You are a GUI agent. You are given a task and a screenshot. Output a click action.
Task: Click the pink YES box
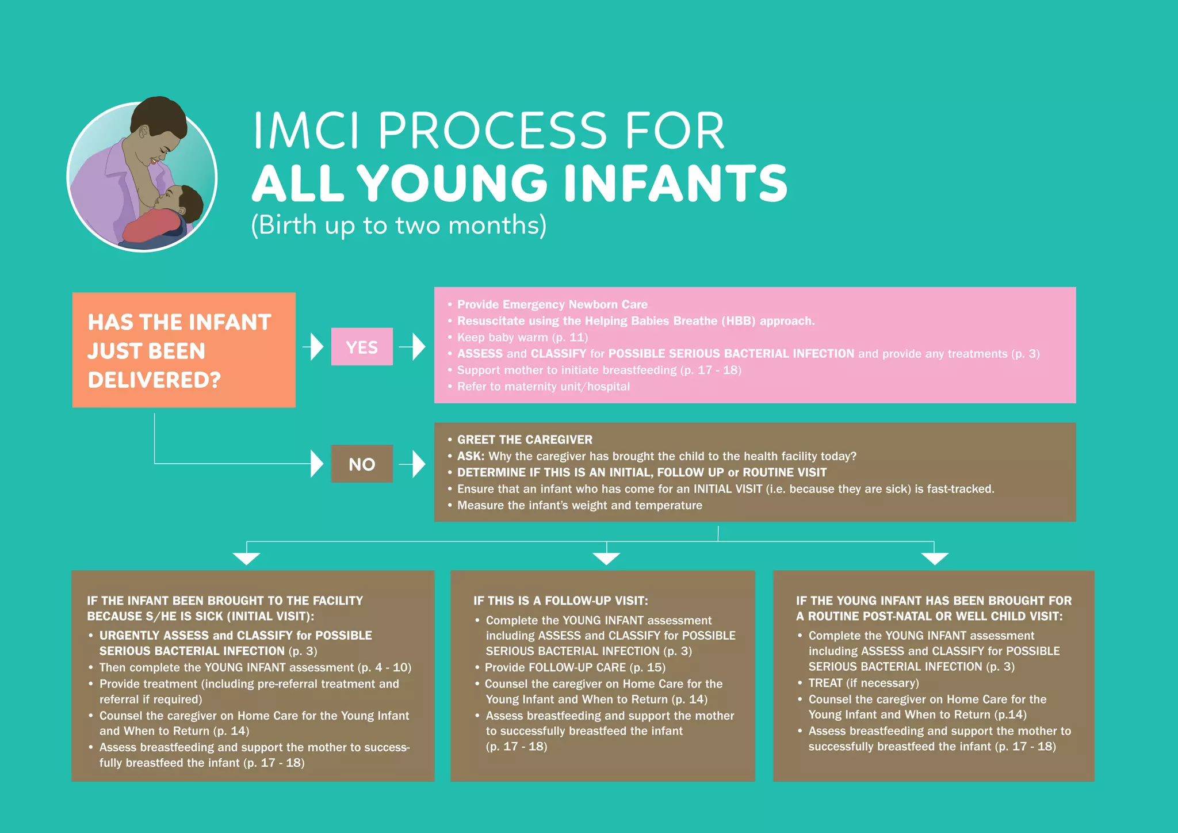(362, 346)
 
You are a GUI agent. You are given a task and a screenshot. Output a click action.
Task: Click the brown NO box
(362, 464)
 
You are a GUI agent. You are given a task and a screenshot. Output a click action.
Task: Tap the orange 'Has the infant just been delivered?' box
(184, 350)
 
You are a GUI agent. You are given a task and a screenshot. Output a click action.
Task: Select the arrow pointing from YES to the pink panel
(413, 347)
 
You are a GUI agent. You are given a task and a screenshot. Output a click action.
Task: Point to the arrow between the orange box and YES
(314, 347)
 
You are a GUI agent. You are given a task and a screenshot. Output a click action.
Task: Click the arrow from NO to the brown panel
(413, 464)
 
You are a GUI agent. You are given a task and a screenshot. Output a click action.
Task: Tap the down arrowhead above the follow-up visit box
(606, 558)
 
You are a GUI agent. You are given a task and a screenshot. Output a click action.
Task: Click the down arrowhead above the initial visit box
(246, 558)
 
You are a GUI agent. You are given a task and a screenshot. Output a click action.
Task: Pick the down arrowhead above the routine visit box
(934, 558)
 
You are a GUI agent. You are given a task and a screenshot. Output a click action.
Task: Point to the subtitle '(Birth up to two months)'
(399, 225)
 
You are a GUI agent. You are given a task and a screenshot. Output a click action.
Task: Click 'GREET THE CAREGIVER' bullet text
(525, 440)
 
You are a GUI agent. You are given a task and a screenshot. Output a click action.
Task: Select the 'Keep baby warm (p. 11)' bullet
(522, 337)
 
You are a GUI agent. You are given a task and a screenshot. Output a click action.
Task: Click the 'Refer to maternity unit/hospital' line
(543, 387)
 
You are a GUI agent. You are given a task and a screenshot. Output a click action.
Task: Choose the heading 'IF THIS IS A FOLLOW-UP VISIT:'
(561, 601)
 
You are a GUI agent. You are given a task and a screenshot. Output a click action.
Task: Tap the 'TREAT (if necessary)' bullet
(863, 683)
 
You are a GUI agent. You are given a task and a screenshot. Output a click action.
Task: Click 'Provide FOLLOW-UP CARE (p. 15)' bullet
(575, 667)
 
